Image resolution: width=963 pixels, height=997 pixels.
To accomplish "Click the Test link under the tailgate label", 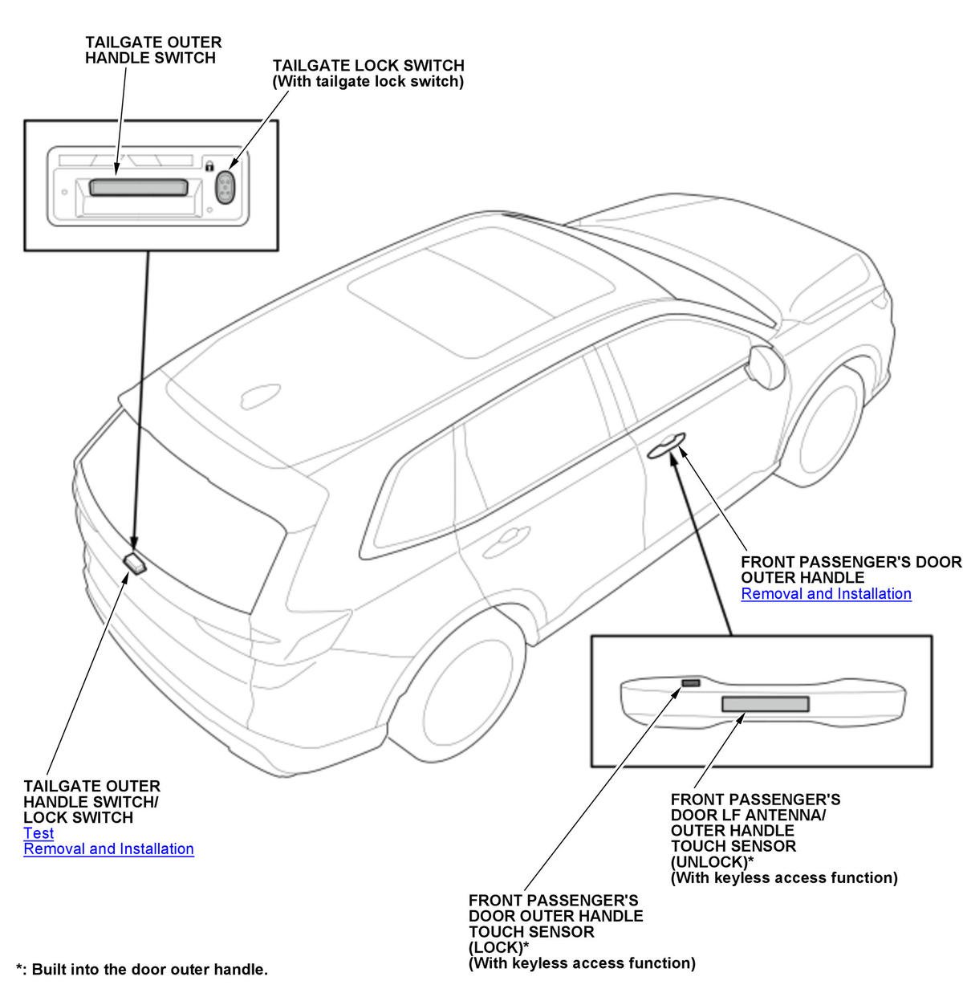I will click(x=39, y=833).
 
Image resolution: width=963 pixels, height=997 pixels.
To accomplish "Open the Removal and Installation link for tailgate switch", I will click(x=108, y=849).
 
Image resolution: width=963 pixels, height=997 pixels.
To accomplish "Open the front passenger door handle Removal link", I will click(x=826, y=594).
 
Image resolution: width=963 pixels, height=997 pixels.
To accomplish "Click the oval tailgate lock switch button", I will click(x=227, y=187).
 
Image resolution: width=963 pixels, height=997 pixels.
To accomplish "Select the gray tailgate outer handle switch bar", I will click(x=138, y=188).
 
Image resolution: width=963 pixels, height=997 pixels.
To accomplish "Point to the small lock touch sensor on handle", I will click(x=690, y=683).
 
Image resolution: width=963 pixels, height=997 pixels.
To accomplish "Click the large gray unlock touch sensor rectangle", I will click(x=765, y=704).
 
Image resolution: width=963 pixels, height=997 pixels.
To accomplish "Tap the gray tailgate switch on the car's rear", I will click(x=136, y=561).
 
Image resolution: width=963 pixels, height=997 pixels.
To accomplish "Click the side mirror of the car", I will click(x=765, y=366).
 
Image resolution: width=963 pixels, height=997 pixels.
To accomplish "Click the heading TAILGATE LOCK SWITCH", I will click(x=368, y=66).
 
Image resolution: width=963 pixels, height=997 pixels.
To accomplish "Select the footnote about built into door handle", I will click(x=142, y=970).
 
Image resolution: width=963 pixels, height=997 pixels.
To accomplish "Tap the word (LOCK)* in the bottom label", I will click(x=498, y=947).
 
